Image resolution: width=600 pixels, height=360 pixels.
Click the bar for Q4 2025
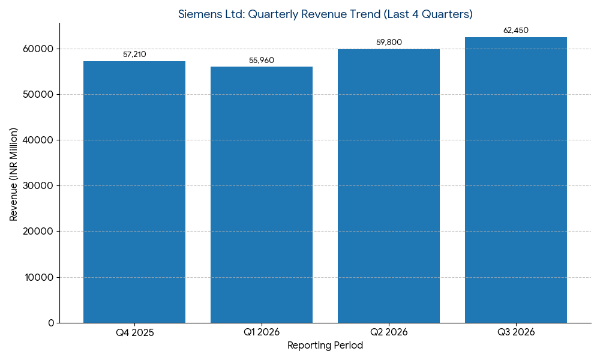click(134, 192)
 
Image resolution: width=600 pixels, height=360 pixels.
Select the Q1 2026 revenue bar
click(262, 194)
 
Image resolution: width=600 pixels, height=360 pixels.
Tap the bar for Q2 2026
click(389, 186)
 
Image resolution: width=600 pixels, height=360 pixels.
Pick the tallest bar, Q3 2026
click(516, 180)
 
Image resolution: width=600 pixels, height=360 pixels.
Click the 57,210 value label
click(134, 55)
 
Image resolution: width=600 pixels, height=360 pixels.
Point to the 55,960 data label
click(262, 61)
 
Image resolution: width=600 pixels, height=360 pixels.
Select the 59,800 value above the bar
click(389, 43)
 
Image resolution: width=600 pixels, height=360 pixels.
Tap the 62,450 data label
click(516, 31)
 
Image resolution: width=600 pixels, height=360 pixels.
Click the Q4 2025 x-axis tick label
click(134, 332)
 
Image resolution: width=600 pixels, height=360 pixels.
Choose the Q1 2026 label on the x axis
click(262, 332)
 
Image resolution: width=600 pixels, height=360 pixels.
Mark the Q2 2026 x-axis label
click(389, 332)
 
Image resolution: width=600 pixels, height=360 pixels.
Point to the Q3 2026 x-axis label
click(516, 332)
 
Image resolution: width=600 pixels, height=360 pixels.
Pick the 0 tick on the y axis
click(51, 323)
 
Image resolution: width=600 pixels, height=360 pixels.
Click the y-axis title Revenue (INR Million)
click(14, 174)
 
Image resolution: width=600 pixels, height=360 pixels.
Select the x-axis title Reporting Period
click(325, 346)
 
